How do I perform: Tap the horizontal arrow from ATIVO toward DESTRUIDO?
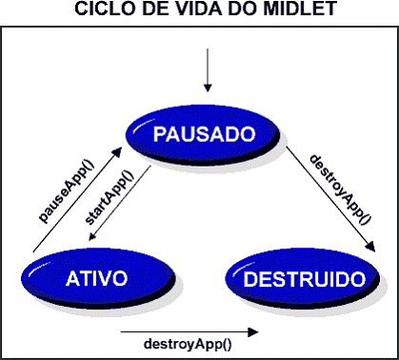[x=190, y=331]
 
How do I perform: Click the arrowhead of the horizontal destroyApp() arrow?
[x=254, y=331]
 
